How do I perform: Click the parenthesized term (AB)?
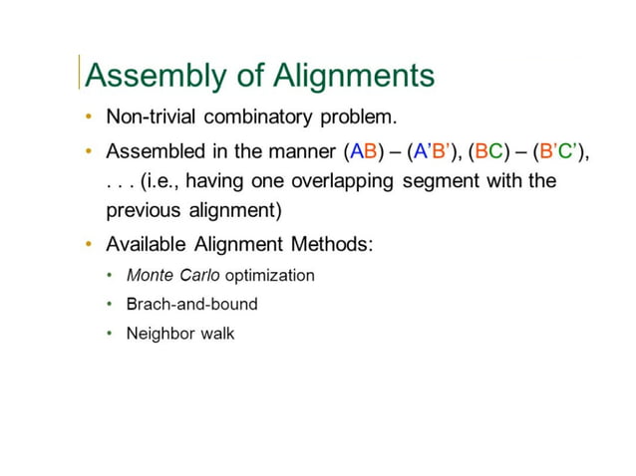[362, 152]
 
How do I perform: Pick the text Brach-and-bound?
[191, 304]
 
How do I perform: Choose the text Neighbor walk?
[179, 333]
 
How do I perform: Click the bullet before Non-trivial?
[90, 118]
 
